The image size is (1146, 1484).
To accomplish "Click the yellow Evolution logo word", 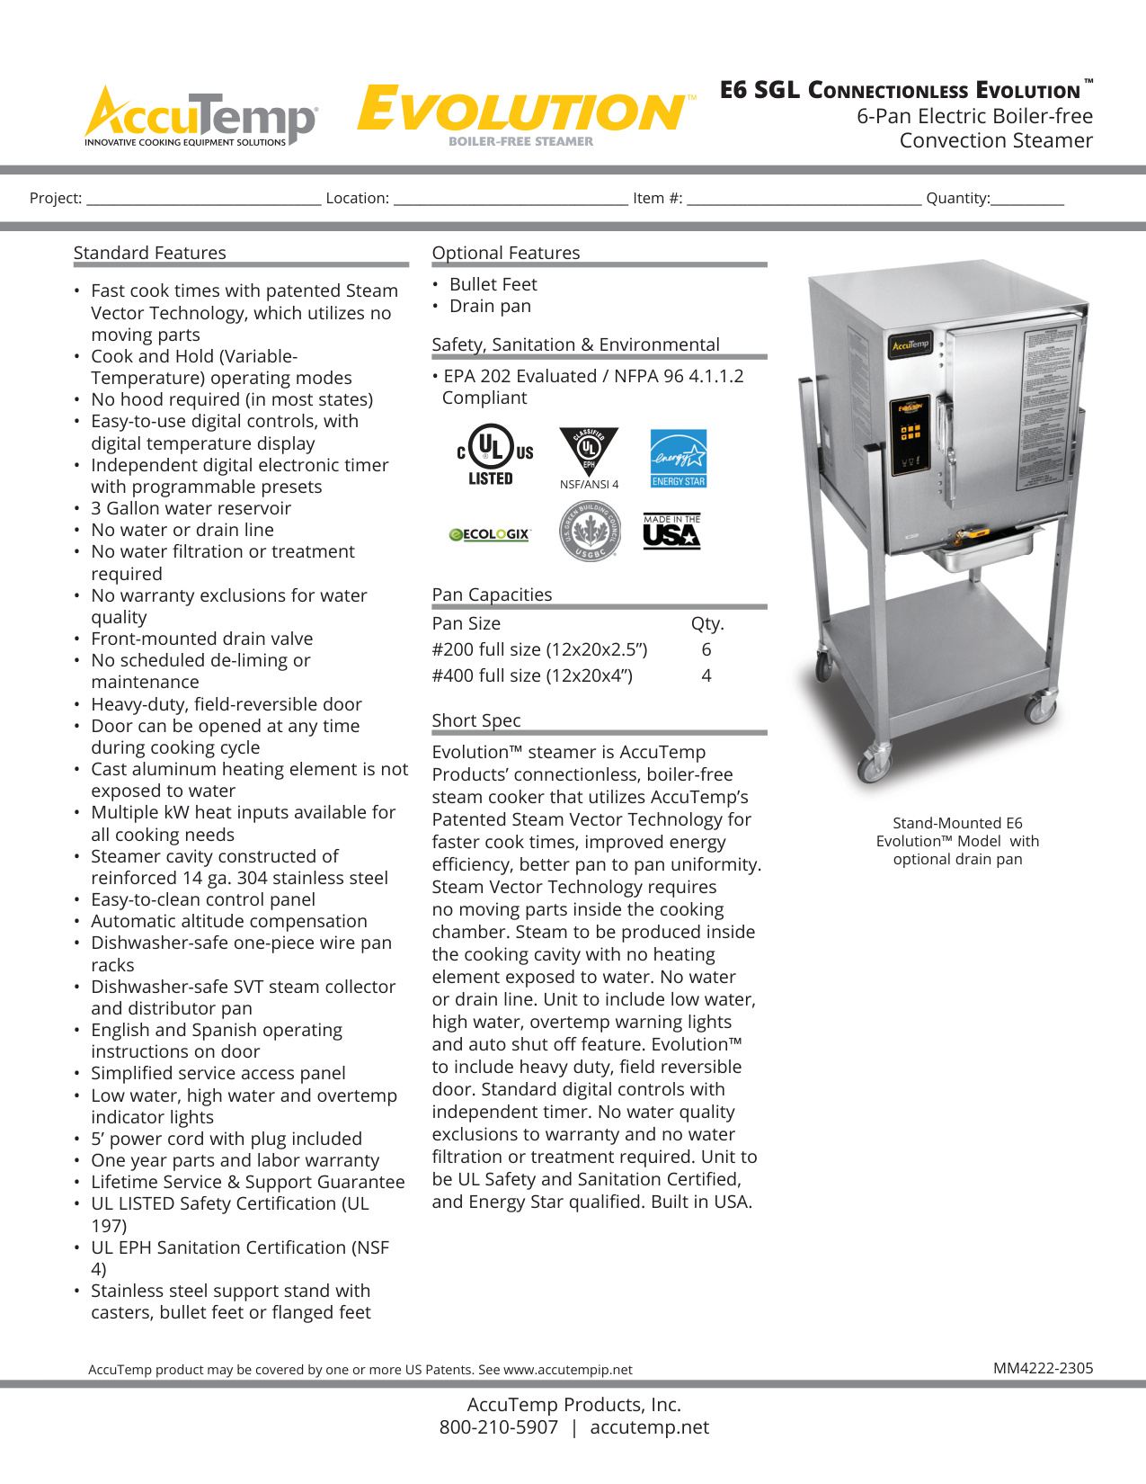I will tap(521, 111).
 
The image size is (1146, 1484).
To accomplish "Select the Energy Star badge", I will tap(679, 458).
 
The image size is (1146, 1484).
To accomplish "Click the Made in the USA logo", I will tap(671, 532).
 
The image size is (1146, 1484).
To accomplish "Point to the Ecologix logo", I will tap(490, 534).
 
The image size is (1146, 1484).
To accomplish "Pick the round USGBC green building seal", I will tap(590, 531).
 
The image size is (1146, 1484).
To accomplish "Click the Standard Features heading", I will tap(150, 253).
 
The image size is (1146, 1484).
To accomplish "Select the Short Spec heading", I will tap(476, 720).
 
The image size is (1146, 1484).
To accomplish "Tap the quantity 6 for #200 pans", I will tap(706, 649).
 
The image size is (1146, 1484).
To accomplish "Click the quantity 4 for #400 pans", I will tap(706, 675).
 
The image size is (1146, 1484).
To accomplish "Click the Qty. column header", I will tap(707, 623).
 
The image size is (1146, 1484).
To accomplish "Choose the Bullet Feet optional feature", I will tap(493, 284).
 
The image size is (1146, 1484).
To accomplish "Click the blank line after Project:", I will tap(204, 200).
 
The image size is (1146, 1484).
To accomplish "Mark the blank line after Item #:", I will tap(804, 200).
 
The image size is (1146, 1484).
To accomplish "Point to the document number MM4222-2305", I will tap(1043, 1368).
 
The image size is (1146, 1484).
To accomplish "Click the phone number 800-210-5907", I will tap(499, 1427).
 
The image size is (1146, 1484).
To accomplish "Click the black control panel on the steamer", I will tap(911, 434).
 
